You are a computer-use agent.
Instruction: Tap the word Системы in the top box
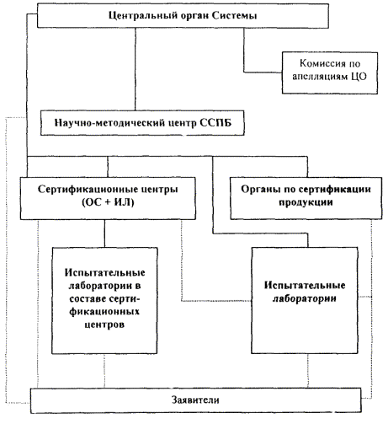click(x=234, y=15)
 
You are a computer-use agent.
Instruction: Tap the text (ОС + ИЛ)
click(x=108, y=202)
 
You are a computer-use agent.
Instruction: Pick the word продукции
click(x=306, y=202)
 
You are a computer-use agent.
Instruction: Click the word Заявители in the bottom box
click(x=195, y=400)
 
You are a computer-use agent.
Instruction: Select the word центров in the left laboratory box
click(x=104, y=325)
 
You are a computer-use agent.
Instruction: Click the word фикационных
click(x=104, y=312)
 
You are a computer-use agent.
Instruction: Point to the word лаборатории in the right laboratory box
click(x=305, y=298)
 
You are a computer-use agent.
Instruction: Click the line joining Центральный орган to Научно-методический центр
click(x=136, y=69)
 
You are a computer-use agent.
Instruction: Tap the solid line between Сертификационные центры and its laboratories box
click(x=105, y=233)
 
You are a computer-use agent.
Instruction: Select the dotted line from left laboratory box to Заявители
click(x=104, y=371)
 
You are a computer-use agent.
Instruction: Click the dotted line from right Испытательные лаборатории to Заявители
click(x=308, y=371)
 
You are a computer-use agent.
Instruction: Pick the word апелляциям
click(x=321, y=77)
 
